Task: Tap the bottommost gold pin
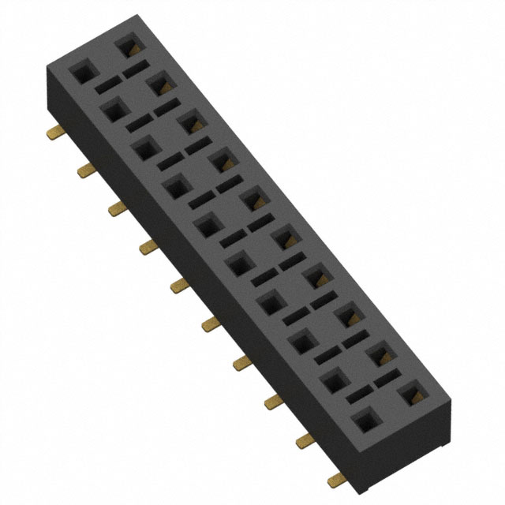[337, 476]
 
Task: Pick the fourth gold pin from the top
[148, 249]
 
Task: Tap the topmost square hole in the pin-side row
[81, 73]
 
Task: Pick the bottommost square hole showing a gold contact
[411, 392]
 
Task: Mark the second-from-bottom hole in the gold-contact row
[380, 354]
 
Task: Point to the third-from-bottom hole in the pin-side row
[301, 344]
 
